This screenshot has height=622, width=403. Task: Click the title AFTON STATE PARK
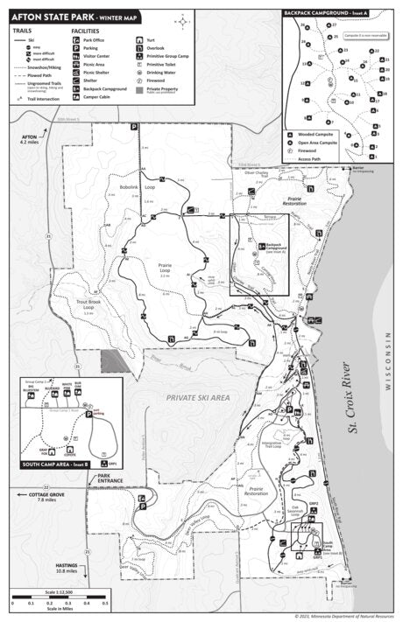pos(47,17)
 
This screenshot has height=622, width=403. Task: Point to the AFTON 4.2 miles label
pos(29,140)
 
